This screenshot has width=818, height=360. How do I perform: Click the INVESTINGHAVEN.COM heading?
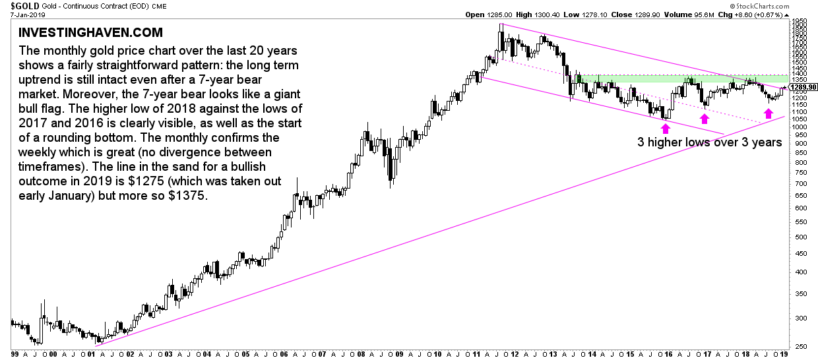90,32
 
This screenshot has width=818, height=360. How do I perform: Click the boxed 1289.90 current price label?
803,87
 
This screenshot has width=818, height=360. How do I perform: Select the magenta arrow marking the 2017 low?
705,119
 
